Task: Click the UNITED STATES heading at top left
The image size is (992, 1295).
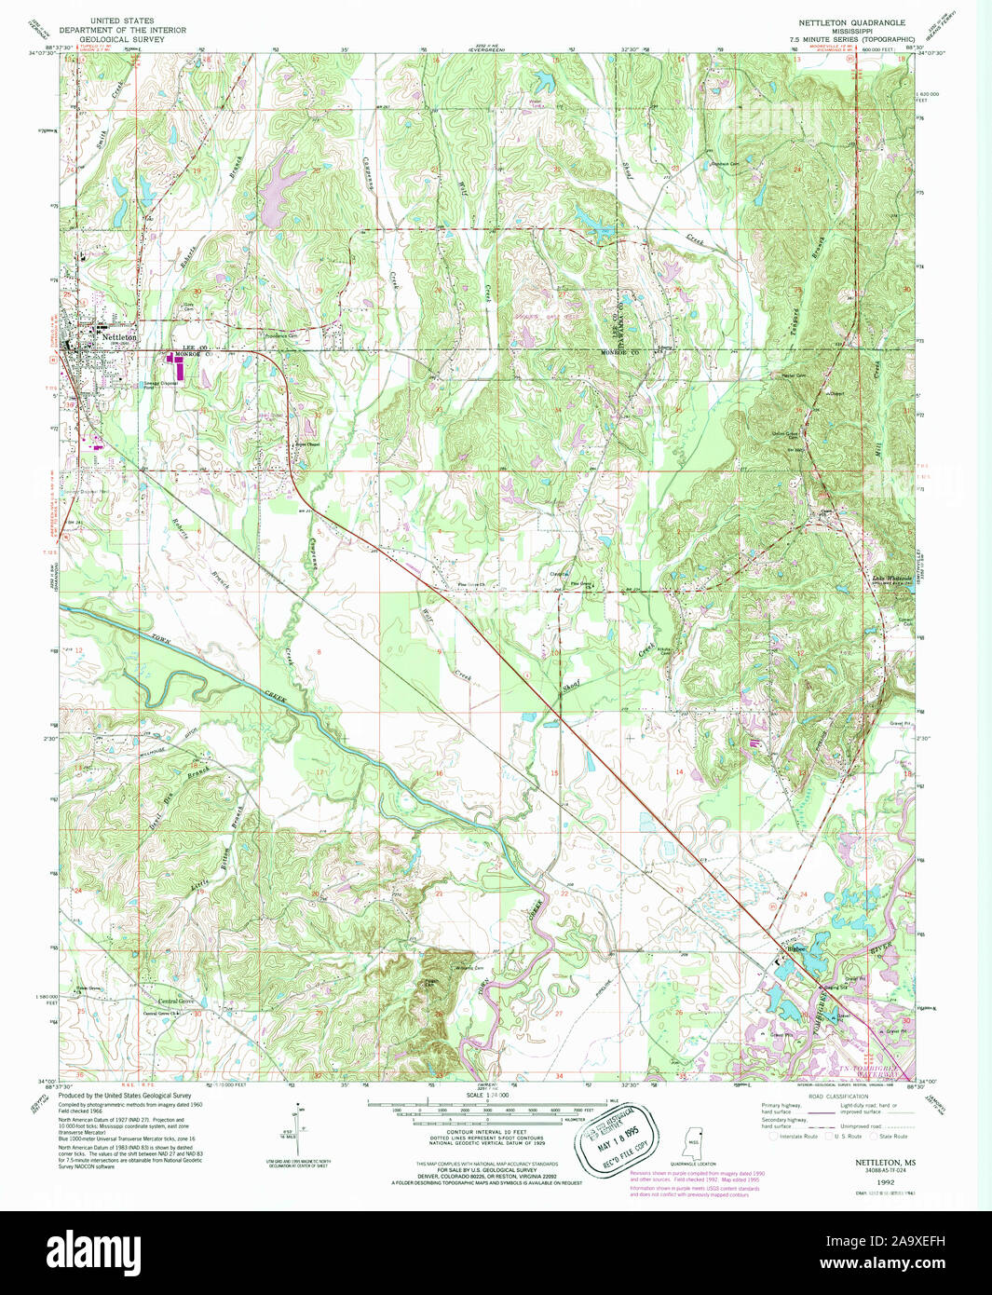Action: (x=122, y=20)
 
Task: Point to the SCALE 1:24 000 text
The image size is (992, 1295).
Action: (x=487, y=1096)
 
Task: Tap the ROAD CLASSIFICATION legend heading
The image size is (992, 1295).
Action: (x=832, y=1096)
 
